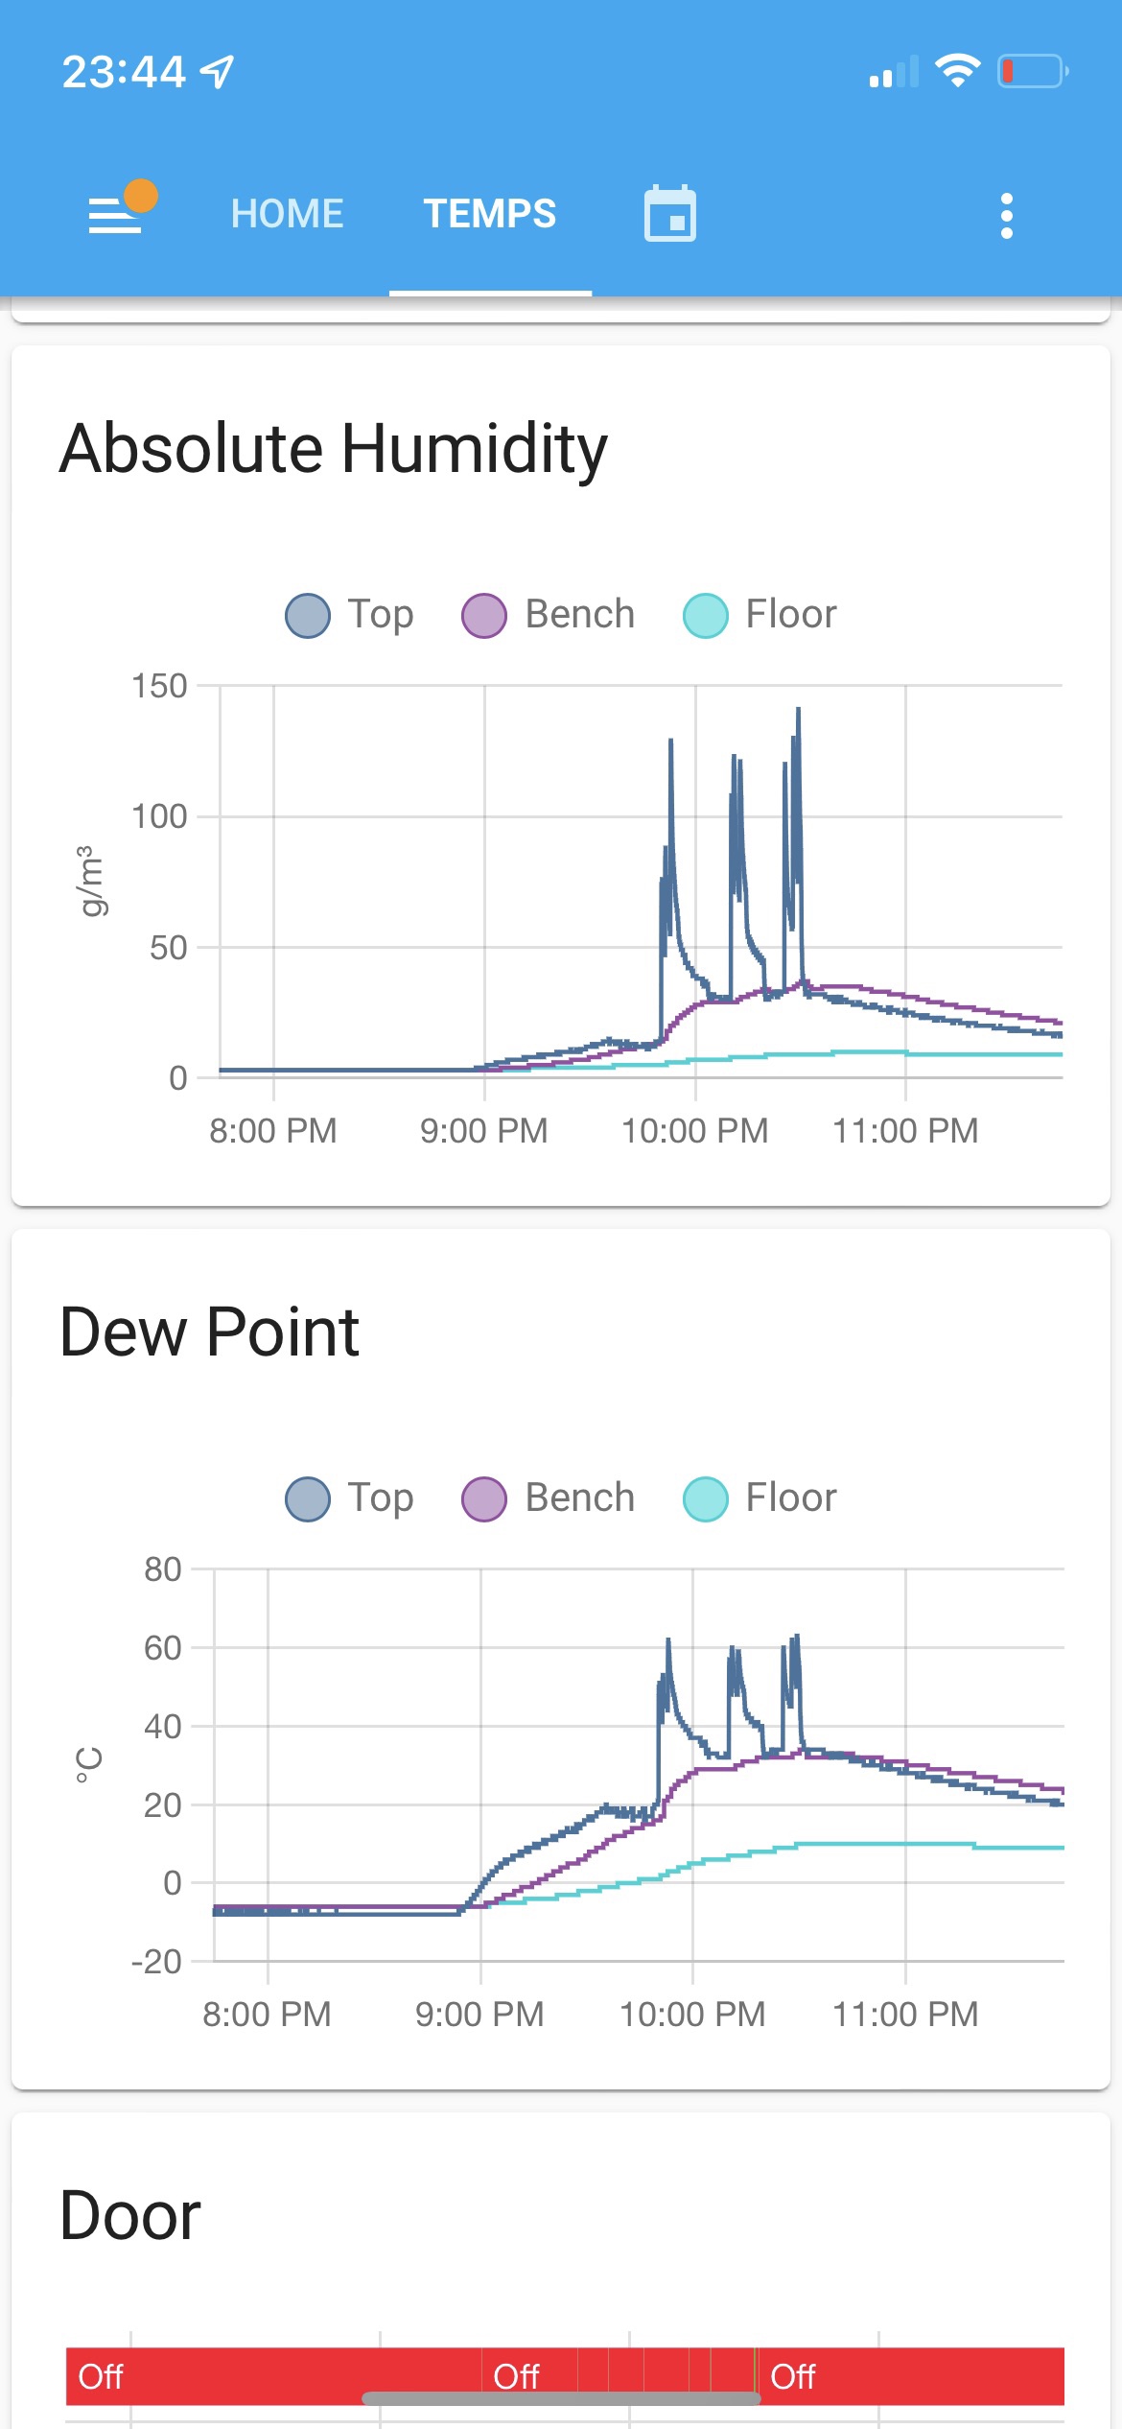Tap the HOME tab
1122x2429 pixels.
click(x=287, y=214)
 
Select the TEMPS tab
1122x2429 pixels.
click(x=490, y=214)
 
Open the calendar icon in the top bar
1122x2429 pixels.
click(x=669, y=214)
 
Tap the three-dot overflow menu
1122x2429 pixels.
click(x=1006, y=216)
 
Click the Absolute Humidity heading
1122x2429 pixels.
click(x=333, y=448)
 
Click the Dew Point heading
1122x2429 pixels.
click(x=209, y=1332)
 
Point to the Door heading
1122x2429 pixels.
click(x=130, y=2216)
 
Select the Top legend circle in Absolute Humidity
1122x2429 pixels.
click(x=308, y=615)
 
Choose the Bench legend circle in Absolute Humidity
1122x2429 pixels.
click(x=484, y=615)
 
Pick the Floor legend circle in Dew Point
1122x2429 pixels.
click(x=706, y=1498)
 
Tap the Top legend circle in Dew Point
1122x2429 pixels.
click(x=308, y=1498)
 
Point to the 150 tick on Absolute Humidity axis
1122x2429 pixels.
click(x=159, y=686)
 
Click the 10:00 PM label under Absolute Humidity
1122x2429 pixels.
click(x=694, y=1131)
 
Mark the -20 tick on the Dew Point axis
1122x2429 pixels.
click(x=157, y=1962)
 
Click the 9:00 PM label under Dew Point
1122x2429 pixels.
click(x=479, y=2015)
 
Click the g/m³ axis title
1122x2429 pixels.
click(x=88, y=881)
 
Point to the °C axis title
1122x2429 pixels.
click(x=88, y=1765)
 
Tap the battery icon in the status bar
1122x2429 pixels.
click(x=1032, y=71)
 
